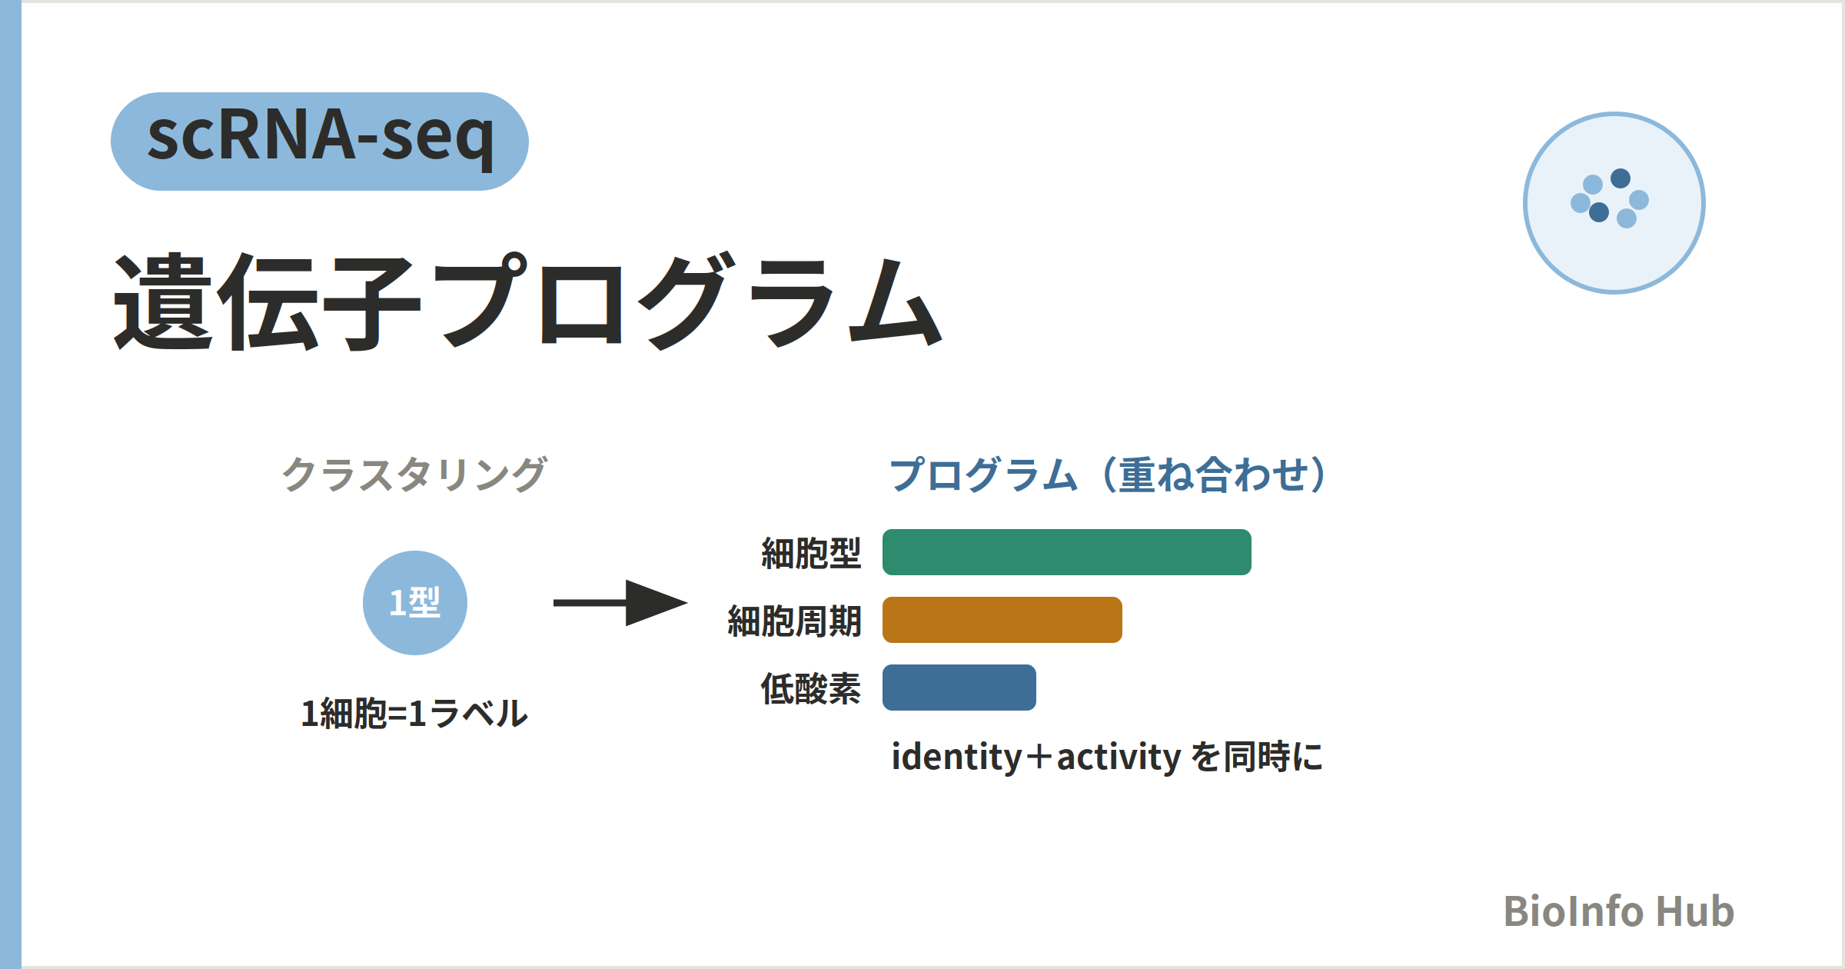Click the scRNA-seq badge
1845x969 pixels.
(320, 142)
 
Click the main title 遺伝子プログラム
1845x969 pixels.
(529, 301)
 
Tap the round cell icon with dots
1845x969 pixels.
(1614, 203)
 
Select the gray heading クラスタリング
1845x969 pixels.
(414, 474)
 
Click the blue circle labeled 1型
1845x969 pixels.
(415, 603)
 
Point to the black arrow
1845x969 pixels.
(620, 603)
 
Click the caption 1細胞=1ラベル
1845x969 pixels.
(414, 713)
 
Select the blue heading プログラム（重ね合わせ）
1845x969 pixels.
(1107, 474)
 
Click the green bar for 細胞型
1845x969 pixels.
(1067, 552)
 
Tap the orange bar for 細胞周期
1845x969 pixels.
(1002, 620)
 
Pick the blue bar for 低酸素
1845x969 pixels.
(959, 688)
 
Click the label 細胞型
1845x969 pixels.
(811, 553)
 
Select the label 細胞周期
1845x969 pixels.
(794, 621)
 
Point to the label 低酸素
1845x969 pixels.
(811, 688)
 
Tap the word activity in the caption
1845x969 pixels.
(1119, 758)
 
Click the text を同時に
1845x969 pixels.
(1257, 757)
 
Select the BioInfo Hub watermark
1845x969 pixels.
(1619, 911)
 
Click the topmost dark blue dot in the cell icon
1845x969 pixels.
(1621, 178)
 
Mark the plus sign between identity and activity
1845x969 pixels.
(1039, 758)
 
